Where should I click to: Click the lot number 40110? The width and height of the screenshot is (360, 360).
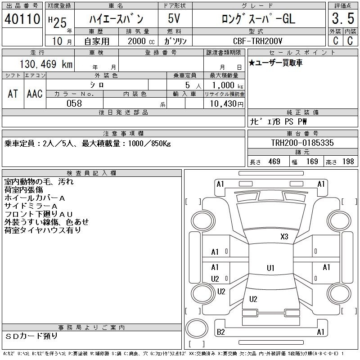[22, 19]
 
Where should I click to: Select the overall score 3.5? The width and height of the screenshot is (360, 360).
[343, 18]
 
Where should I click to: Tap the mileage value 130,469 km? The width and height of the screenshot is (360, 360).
[46, 64]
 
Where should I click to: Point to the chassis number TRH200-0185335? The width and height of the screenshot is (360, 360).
[302, 143]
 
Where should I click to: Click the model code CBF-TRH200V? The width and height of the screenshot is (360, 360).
[257, 41]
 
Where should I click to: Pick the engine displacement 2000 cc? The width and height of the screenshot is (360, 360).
[141, 41]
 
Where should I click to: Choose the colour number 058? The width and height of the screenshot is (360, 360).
[74, 103]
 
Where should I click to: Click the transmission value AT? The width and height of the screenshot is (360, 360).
[13, 94]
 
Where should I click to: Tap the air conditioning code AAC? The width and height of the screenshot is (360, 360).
[35, 94]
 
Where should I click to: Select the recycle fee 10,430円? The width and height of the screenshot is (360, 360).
[226, 104]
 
